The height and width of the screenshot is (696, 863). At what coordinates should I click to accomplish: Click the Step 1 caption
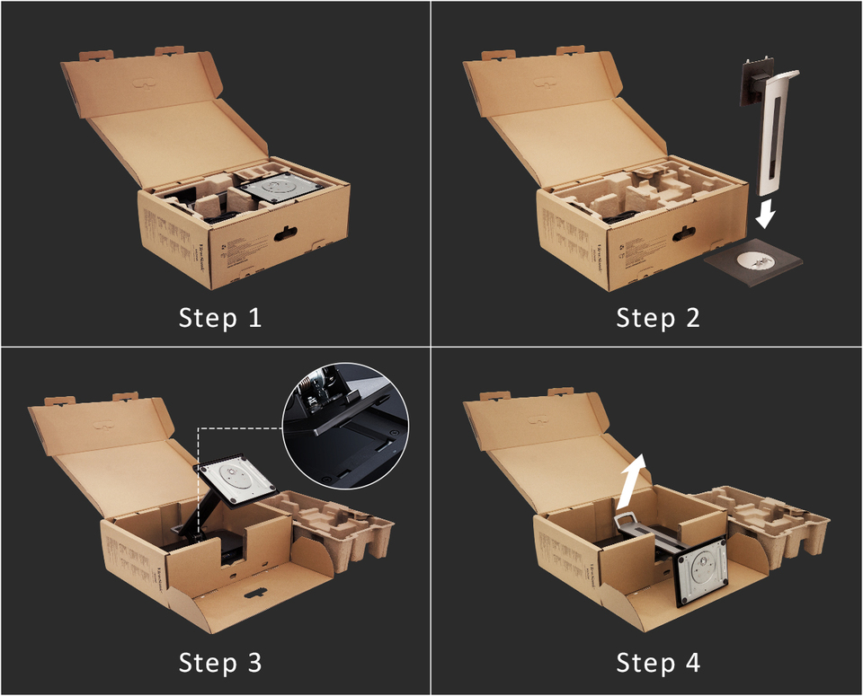[220, 317]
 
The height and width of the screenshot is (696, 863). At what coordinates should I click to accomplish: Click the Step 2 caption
[657, 317]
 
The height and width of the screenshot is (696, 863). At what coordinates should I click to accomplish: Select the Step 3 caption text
[220, 663]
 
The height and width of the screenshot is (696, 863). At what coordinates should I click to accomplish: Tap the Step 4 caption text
[657, 663]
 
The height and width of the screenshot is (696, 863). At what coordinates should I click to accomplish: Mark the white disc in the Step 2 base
[752, 260]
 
